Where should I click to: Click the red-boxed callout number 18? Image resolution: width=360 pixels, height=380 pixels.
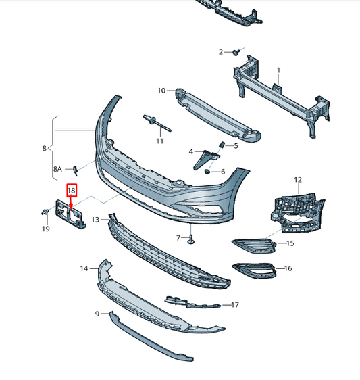point(71,191)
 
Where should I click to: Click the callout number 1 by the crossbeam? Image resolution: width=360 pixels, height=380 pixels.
point(278,70)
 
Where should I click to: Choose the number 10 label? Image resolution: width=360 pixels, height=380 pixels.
point(161,91)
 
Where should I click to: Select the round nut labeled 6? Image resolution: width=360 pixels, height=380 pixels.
point(206,172)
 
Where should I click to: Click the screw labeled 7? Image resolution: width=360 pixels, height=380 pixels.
point(192,238)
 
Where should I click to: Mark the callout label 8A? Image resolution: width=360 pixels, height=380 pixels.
point(57,169)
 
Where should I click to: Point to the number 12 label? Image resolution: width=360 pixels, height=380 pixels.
point(297,180)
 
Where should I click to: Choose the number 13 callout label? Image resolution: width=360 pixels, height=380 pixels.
point(95,220)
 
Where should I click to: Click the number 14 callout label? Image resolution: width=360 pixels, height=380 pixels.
point(84,268)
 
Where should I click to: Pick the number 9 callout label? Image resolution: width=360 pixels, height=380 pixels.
point(97,314)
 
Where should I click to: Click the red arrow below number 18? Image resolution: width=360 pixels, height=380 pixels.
point(71,201)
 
